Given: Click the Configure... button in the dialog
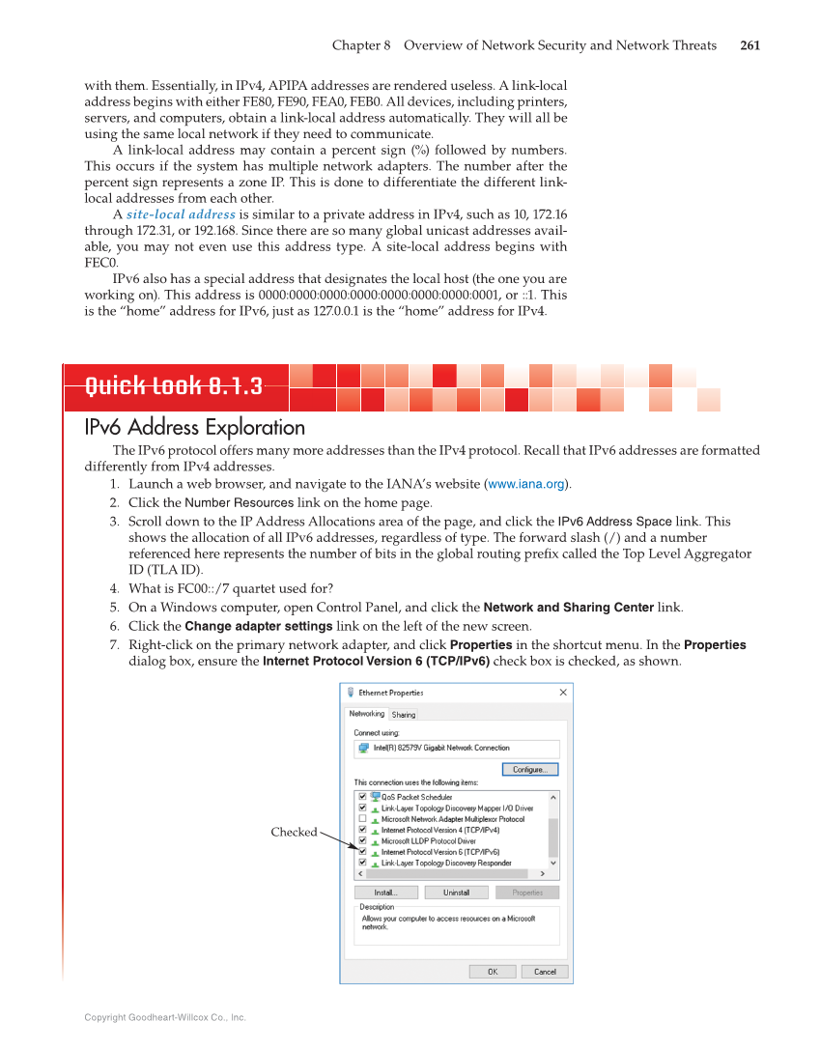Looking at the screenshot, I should point(529,770).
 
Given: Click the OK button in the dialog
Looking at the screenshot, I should point(493,972).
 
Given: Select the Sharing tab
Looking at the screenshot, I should point(404,715).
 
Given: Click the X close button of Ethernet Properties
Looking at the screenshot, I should point(563,693).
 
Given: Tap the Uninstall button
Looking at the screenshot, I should point(457,893).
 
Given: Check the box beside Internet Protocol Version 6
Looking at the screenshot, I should point(362,852).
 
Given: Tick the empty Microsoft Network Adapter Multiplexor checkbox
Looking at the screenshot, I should point(362,819).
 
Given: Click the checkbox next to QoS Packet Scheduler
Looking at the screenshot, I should point(362,797).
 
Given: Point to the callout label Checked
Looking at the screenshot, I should point(294,832).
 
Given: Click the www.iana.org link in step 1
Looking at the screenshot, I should point(526,484).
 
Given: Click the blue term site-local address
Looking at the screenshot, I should point(181,214).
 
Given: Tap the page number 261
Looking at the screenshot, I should point(749,45).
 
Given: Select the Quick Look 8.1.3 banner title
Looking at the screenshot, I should point(174,387).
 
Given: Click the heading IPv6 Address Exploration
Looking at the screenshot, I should point(195,427).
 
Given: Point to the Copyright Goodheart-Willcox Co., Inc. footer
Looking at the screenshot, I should point(165,1017).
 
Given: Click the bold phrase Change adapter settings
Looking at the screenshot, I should point(259,626).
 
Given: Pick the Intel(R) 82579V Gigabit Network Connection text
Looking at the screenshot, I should point(441,748).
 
